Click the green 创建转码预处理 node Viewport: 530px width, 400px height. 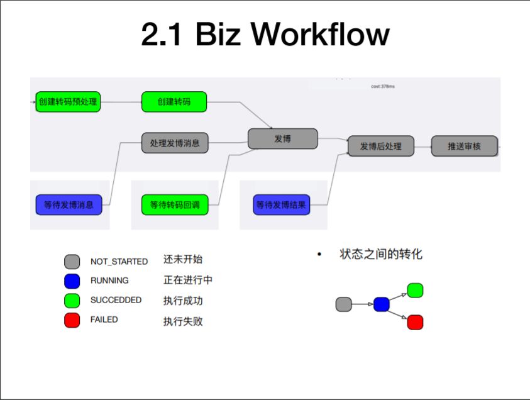(x=68, y=102)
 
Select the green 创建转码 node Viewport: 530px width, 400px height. (x=174, y=102)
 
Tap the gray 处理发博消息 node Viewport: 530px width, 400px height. (x=175, y=143)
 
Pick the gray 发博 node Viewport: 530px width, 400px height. (x=282, y=138)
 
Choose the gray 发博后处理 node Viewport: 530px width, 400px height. (x=381, y=146)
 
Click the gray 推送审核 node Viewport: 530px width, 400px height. (x=465, y=146)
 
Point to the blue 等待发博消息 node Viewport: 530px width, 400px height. (x=69, y=204)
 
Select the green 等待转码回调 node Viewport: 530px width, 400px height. (x=175, y=204)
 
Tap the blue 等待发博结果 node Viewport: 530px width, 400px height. (x=281, y=204)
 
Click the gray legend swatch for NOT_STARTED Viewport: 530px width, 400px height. (x=72, y=262)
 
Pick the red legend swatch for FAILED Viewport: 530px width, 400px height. (x=72, y=320)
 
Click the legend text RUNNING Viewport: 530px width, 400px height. (x=109, y=281)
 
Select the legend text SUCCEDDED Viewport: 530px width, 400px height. (x=116, y=300)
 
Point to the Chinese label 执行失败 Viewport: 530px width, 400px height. (x=183, y=321)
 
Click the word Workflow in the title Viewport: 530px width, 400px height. (x=320, y=34)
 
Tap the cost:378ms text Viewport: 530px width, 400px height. (x=383, y=87)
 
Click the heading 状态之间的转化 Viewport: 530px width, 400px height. (x=381, y=254)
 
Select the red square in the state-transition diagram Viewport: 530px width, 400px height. (x=415, y=322)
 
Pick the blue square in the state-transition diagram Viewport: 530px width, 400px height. (x=382, y=304)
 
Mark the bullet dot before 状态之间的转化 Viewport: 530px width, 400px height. (x=319, y=254)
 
